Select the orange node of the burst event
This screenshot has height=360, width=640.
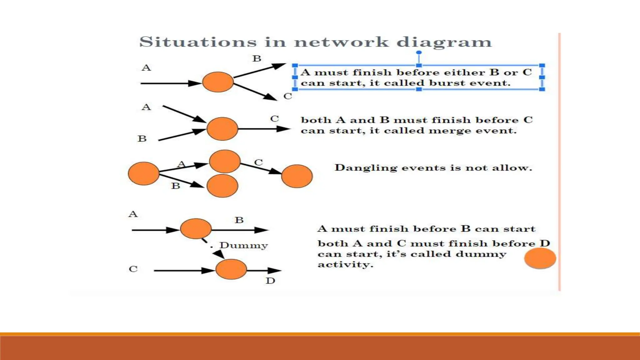(x=218, y=82)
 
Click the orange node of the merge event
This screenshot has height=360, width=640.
(x=222, y=129)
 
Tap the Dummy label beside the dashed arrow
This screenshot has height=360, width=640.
(x=243, y=245)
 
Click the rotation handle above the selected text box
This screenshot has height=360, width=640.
(x=419, y=52)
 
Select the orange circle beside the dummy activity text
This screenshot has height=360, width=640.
(x=540, y=258)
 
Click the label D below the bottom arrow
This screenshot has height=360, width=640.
(x=270, y=281)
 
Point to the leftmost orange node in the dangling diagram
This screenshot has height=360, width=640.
(x=144, y=173)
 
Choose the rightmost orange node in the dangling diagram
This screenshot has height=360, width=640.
(x=297, y=176)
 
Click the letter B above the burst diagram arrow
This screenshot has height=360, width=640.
(x=257, y=58)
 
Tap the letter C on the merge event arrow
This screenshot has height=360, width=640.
(x=274, y=119)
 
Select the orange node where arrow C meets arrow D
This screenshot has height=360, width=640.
(x=231, y=269)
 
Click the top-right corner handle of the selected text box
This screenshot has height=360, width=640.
(x=542, y=66)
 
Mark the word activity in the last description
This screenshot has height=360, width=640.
(x=345, y=265)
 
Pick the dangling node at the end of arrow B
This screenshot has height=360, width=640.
(x=222, y=186)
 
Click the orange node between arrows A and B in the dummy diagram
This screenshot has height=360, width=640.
(x=196, y=229)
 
